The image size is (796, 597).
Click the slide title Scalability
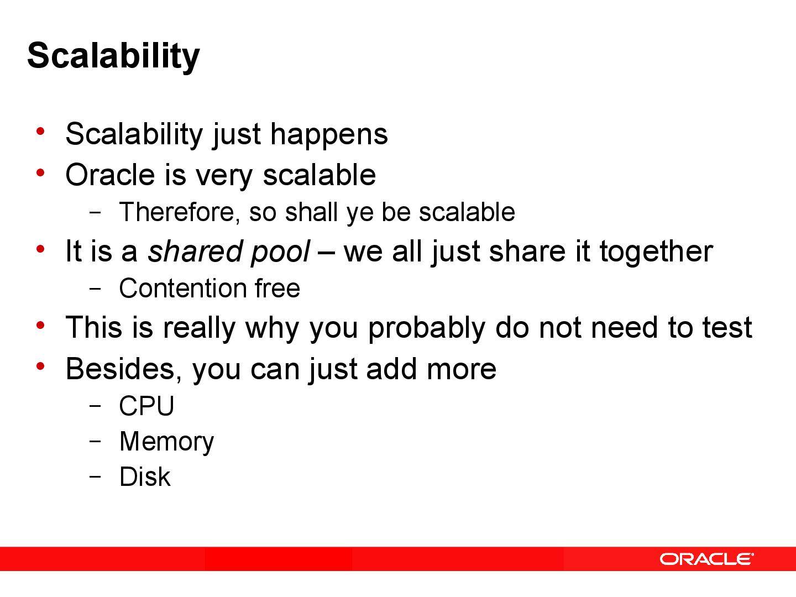point(113,56)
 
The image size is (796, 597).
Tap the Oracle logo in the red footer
point(706,559)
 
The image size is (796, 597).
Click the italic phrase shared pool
point(228,252)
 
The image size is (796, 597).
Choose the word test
point(727,328)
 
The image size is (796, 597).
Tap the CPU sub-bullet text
point(146,406)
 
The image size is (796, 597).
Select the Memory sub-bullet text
point(166,442)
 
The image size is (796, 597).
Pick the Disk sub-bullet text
point(145,477)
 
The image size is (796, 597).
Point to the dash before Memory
point(95,441)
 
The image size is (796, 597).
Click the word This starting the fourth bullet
point(93,327)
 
